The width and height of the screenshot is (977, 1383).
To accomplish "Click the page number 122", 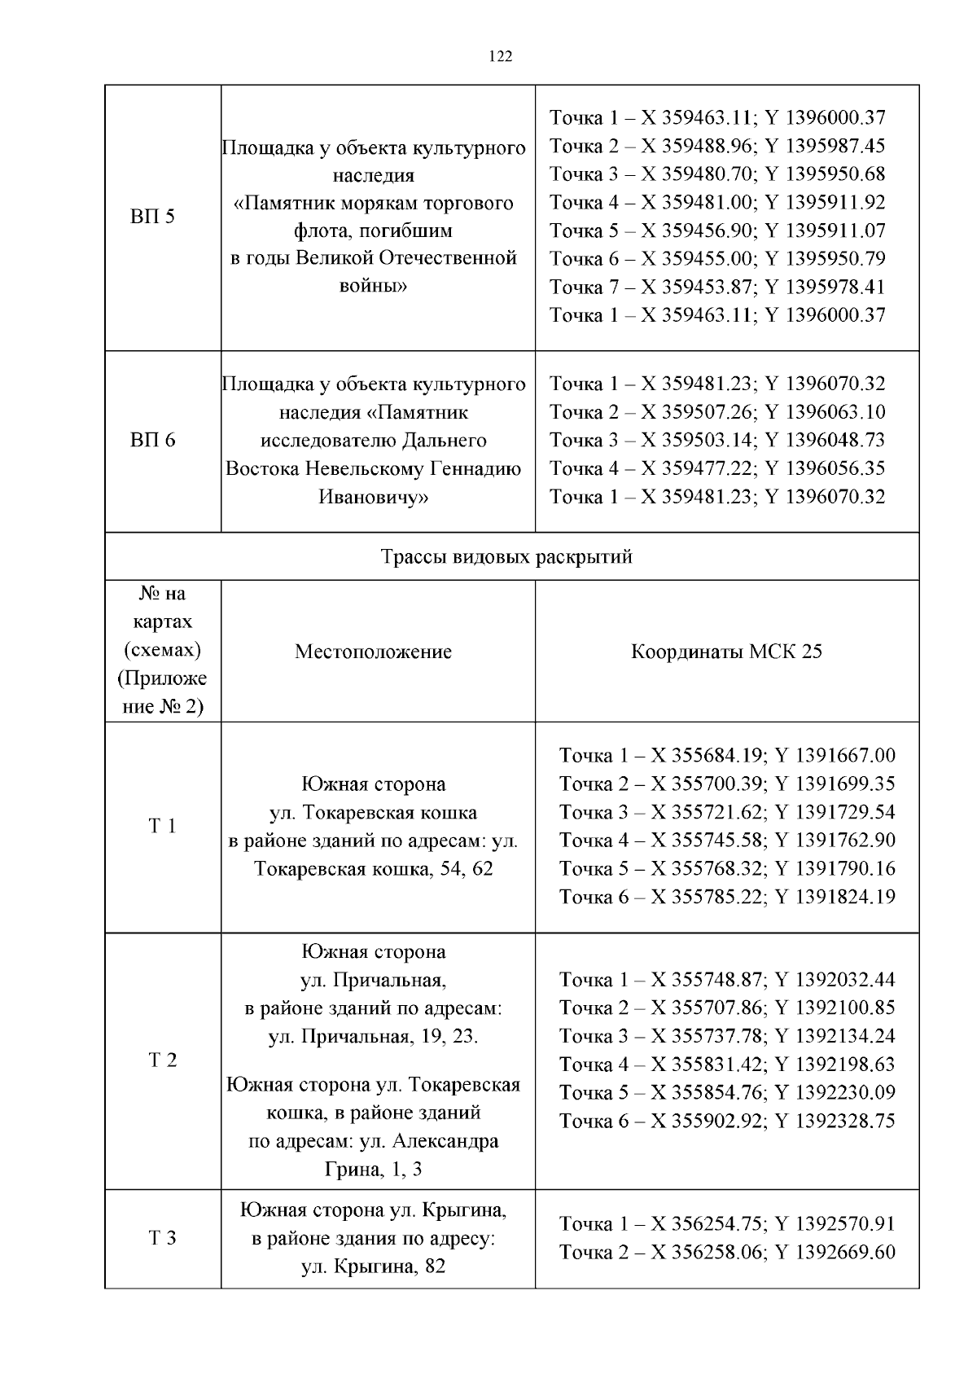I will tap(500, 56).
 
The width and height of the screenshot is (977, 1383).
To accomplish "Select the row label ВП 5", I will tap(152, 217).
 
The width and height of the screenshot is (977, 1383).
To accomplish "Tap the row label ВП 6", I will tap(152, 441).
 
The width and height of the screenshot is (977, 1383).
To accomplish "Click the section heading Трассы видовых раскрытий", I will tap(506, 557).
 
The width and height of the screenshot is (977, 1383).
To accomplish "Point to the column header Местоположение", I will tap(373, 652).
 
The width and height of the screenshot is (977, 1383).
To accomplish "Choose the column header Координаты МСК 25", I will tap(726, 652).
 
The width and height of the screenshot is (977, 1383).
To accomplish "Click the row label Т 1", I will tap(162, 827).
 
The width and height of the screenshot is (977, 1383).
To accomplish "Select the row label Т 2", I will tap(162, 1060).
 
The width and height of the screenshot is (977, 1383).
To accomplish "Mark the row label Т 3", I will tap(162, 1239).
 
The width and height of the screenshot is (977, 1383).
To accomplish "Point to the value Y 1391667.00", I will tap(835, 756).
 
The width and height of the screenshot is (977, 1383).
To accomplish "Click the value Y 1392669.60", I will tap(835, 1252).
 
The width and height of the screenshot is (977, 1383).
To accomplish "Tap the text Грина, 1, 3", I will tap(373, 1170).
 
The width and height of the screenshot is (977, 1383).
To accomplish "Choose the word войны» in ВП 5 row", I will tap(373, 286).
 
